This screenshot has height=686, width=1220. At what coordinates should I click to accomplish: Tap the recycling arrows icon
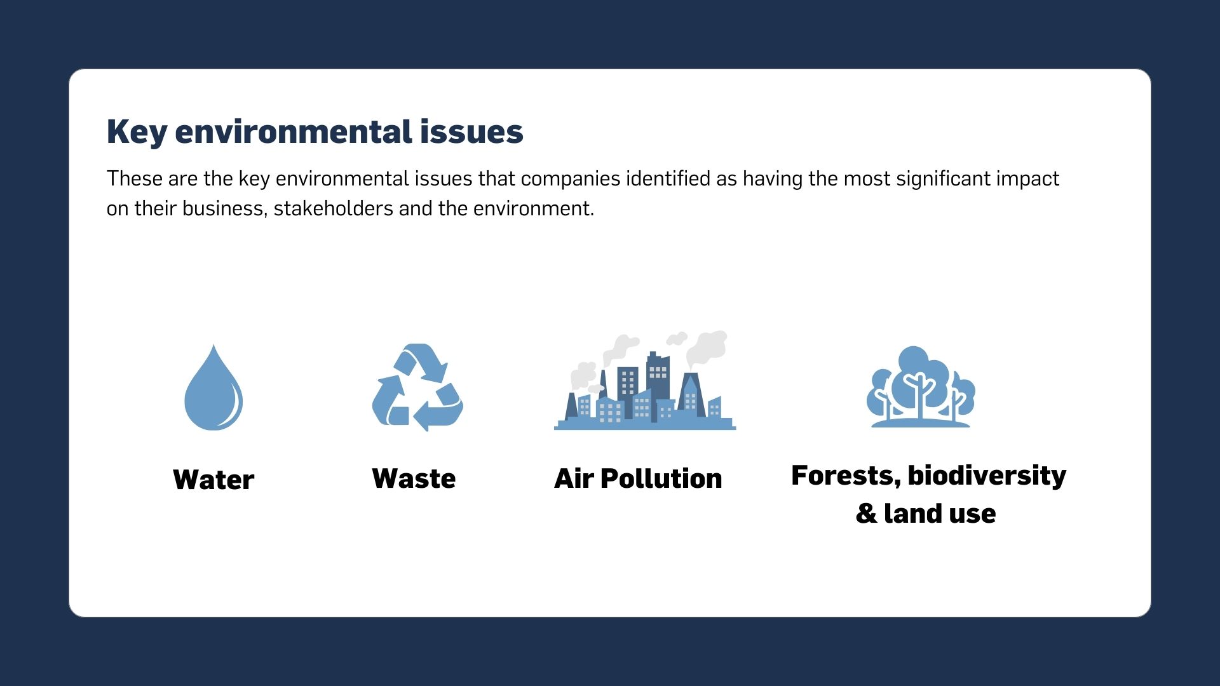pyautogui.click(x=417, y=387)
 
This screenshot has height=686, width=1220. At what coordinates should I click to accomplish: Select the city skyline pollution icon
pyautogui.click(x=645, y=381)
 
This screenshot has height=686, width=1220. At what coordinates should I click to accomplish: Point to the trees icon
pyautogui.click(x=921, y=387)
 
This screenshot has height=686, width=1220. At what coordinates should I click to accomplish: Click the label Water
pyautogui.click(x=213, y=480)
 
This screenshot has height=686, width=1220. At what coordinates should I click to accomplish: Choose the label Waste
pyautogui.click(x=414, y=479)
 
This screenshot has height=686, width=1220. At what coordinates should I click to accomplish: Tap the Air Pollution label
pyautogui.click(x=638, y=479)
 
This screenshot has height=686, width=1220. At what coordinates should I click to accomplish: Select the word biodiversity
pyautogui.click(x=987, y=476)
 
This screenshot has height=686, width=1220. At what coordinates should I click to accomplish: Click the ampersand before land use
pyautogui.click(x=866, y=513)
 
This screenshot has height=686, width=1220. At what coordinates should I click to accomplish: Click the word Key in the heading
pyautogui.click(x=137, y=133)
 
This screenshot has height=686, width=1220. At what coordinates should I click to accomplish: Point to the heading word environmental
pyautogui.click(x=293, y=131)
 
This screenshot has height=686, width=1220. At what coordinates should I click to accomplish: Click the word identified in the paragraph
pyautogui.click(x=668, y=178)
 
